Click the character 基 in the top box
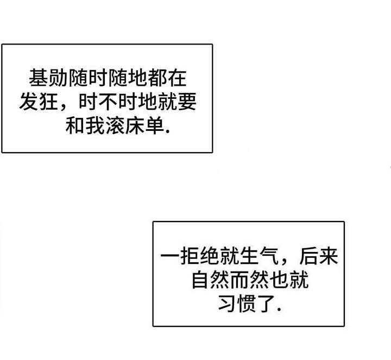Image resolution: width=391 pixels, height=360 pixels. [x=39, y=78]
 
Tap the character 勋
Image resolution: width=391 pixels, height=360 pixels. [x=58, y=78]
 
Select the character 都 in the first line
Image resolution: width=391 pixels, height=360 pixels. [x=157, y=78]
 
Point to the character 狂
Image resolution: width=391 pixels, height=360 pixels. [x=49, y=102]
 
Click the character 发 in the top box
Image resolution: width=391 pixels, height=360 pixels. [x=29, y=102]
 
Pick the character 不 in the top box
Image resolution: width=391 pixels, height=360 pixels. [x=108, y=102]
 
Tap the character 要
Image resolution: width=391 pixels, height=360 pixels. [x=187, y=102]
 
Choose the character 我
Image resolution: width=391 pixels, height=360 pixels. [x=95, y=125]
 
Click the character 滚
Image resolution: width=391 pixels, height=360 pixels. [x=115, y=125]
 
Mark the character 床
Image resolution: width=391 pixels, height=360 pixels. [x=135, y=125]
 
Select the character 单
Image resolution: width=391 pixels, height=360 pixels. [x=154, y=125]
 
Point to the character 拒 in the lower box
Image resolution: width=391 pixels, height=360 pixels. [x=190, y=256]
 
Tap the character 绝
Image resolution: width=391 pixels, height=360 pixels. [x=210, y=256]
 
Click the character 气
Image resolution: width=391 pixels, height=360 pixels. [x=269, y=256]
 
